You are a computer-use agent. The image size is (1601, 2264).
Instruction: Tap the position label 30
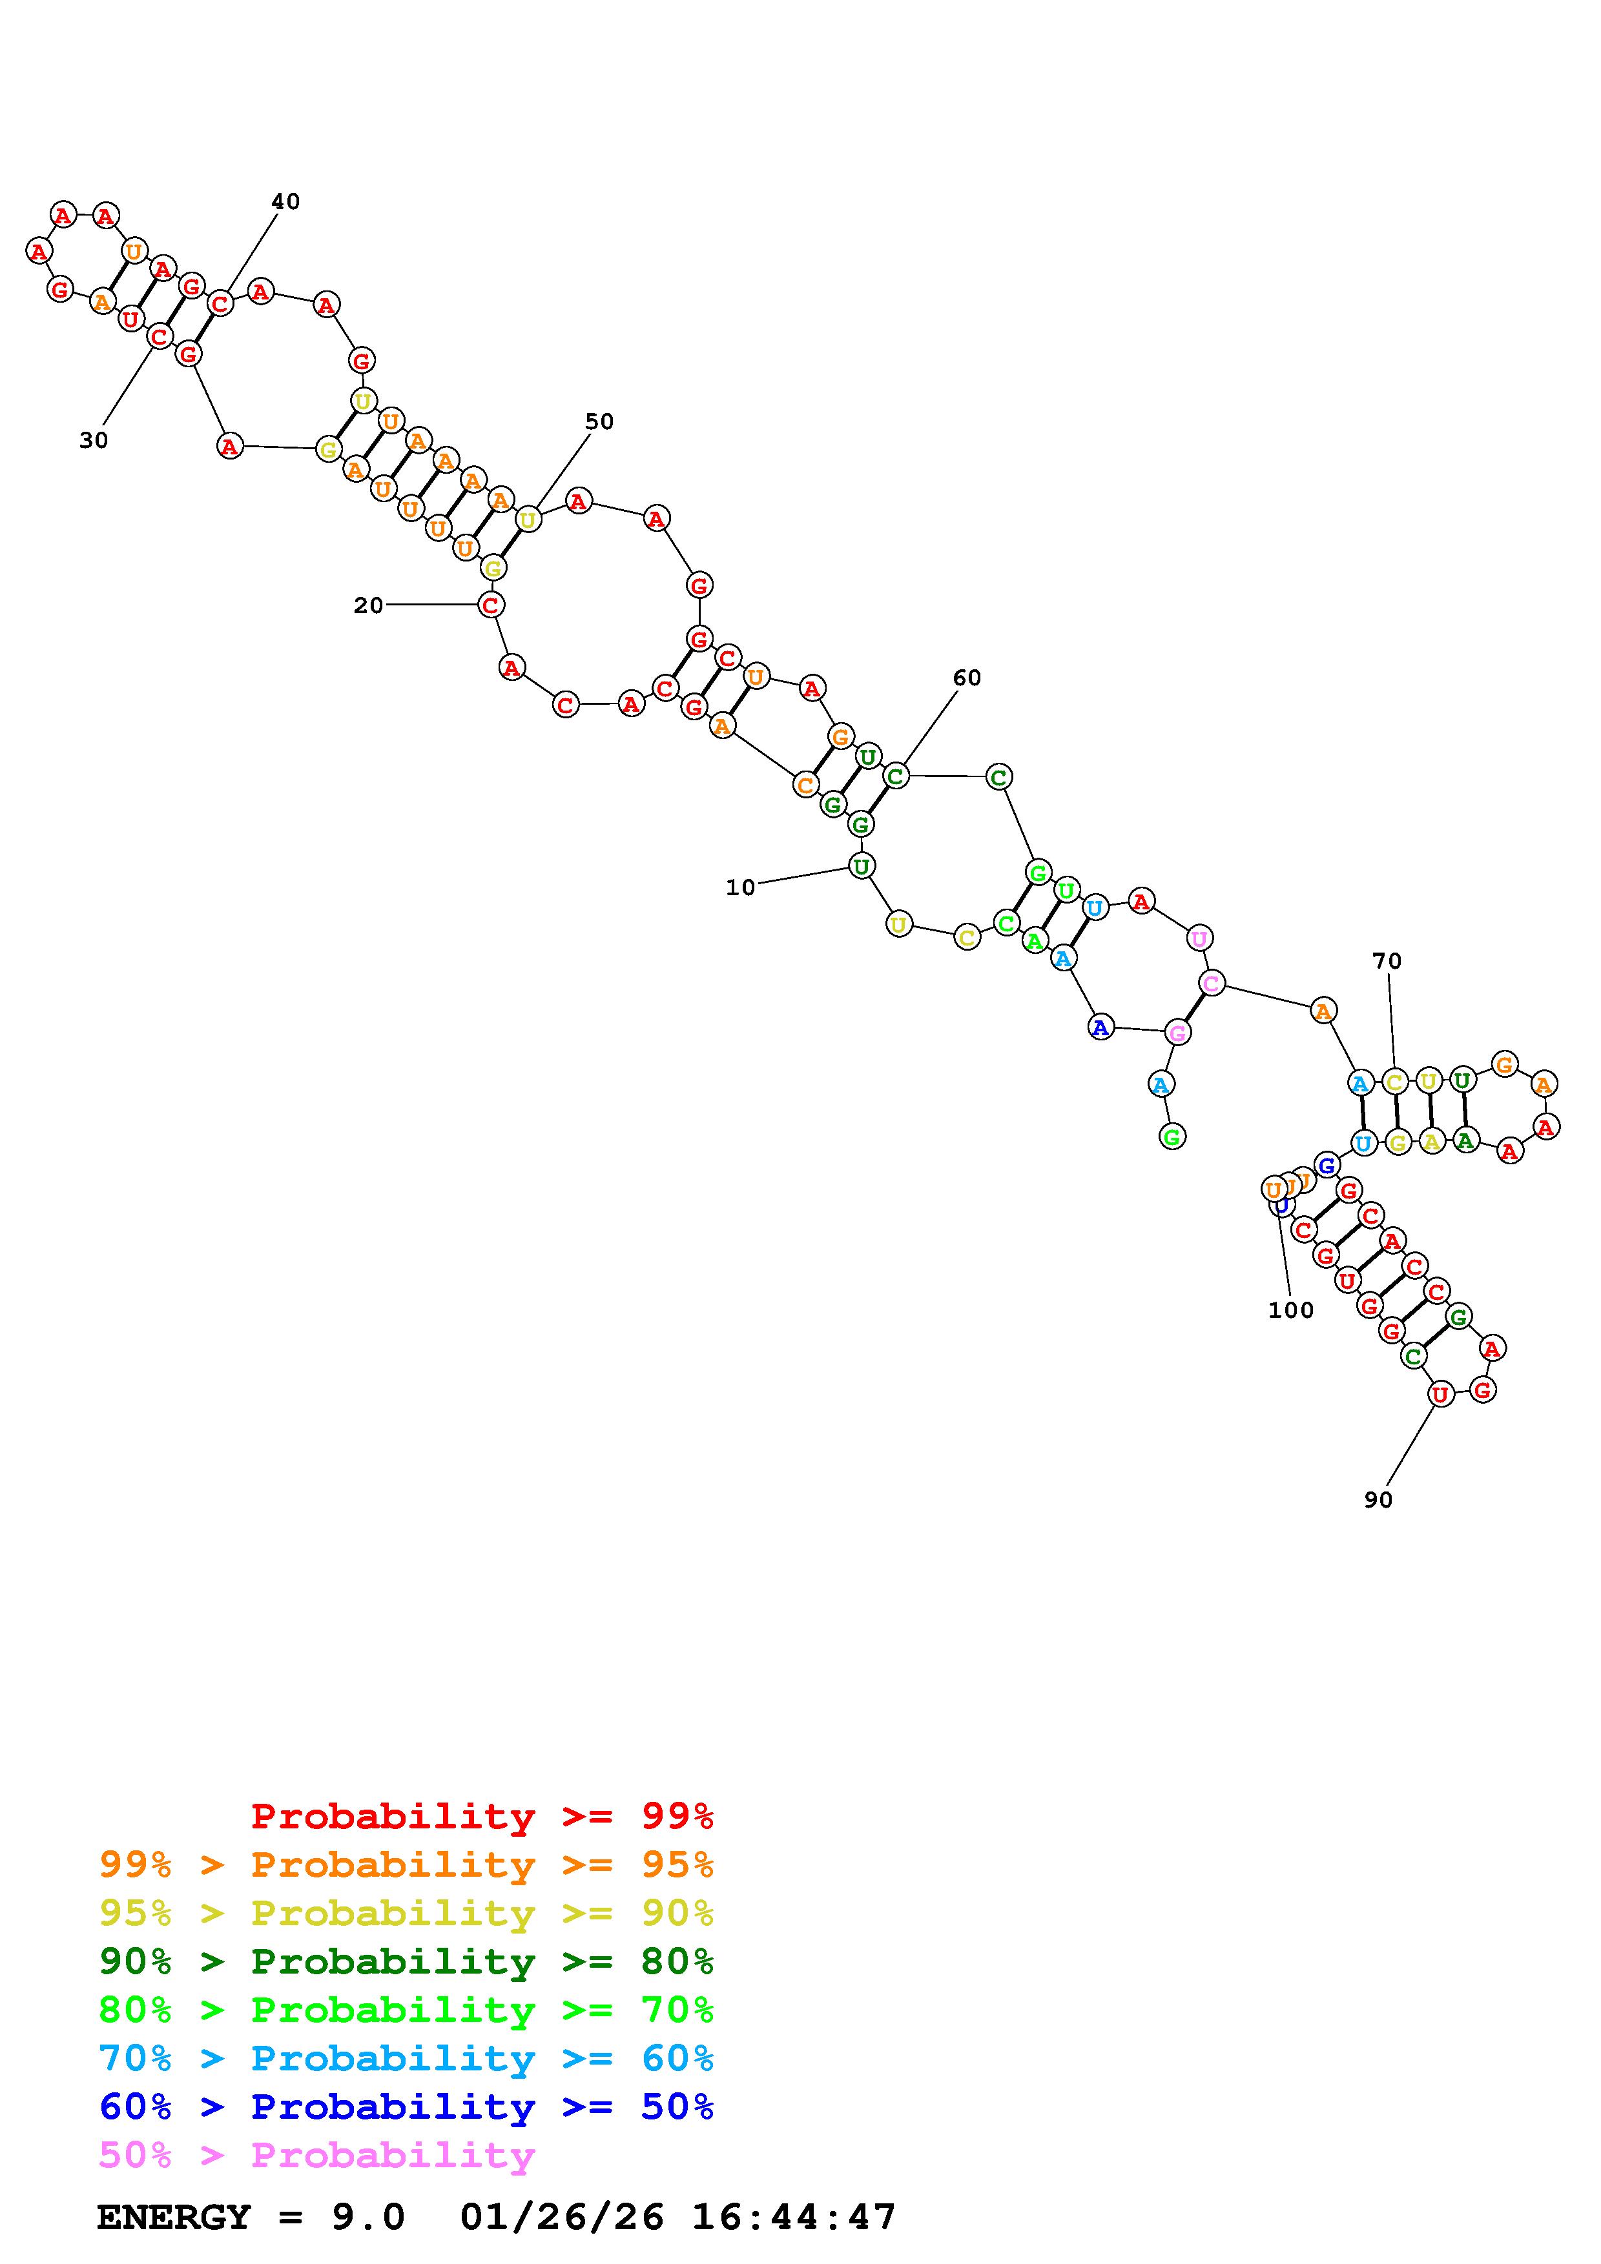coord(94,441)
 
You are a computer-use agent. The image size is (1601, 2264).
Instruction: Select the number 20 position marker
coord(368,605)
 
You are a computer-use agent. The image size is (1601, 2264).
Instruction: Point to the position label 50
coord(599,422)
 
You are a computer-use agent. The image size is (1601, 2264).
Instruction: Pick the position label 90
coord(1378,1500)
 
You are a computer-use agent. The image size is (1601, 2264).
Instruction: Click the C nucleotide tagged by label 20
coord(490,605)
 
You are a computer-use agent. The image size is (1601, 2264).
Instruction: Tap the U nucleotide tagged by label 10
coord(861,867)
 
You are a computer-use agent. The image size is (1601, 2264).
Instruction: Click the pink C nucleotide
coord(1212,983)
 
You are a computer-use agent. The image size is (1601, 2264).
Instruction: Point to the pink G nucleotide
coord(1177,1033)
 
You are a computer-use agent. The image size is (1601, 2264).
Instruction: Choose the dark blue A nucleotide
coord(1100,1027)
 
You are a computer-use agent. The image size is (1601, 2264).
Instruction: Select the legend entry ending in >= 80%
coord(406,1961)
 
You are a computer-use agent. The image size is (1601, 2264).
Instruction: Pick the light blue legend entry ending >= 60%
coord(406,2058)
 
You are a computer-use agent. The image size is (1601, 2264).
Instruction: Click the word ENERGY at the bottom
coord(174,2217)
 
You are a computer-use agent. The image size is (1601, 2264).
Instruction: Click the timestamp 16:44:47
coord(794,2217)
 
